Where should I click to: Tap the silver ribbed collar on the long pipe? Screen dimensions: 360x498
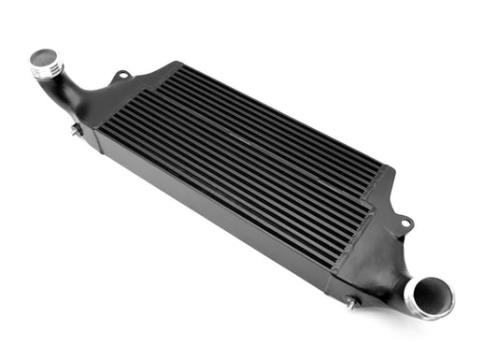coord(47,68)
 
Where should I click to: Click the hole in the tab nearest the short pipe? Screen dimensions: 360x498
coord(406,223)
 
